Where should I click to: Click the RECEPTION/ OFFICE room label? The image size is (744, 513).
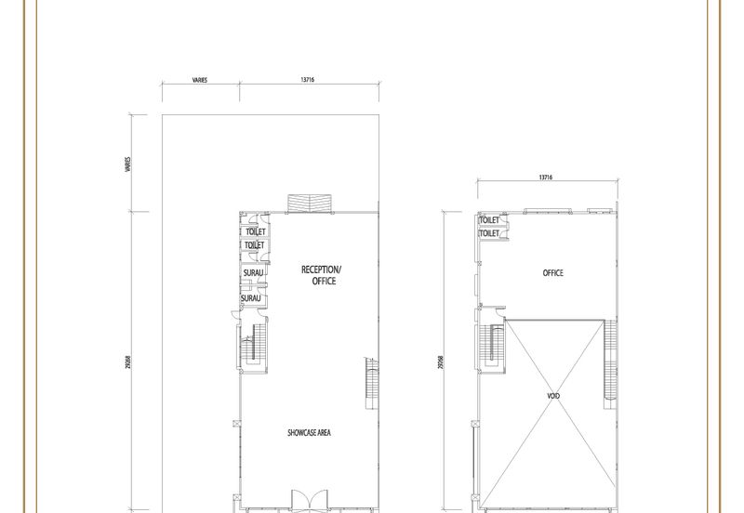(x=322, y=274)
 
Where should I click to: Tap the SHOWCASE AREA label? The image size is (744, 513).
(x=311, y=432)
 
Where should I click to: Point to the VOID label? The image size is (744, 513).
(x=553, y=395)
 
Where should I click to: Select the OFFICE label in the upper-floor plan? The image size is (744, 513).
(x=553, y=273)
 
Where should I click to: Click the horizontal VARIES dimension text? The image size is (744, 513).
(x=199, y=81)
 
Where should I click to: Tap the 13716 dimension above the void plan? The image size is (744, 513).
(x=546, y=176)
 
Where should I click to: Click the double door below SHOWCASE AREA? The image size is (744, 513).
(x=306, y=500)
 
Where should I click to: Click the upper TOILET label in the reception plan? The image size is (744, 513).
(x=255, y=230)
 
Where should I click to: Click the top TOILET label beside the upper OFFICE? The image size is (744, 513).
(x=489, y=220)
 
